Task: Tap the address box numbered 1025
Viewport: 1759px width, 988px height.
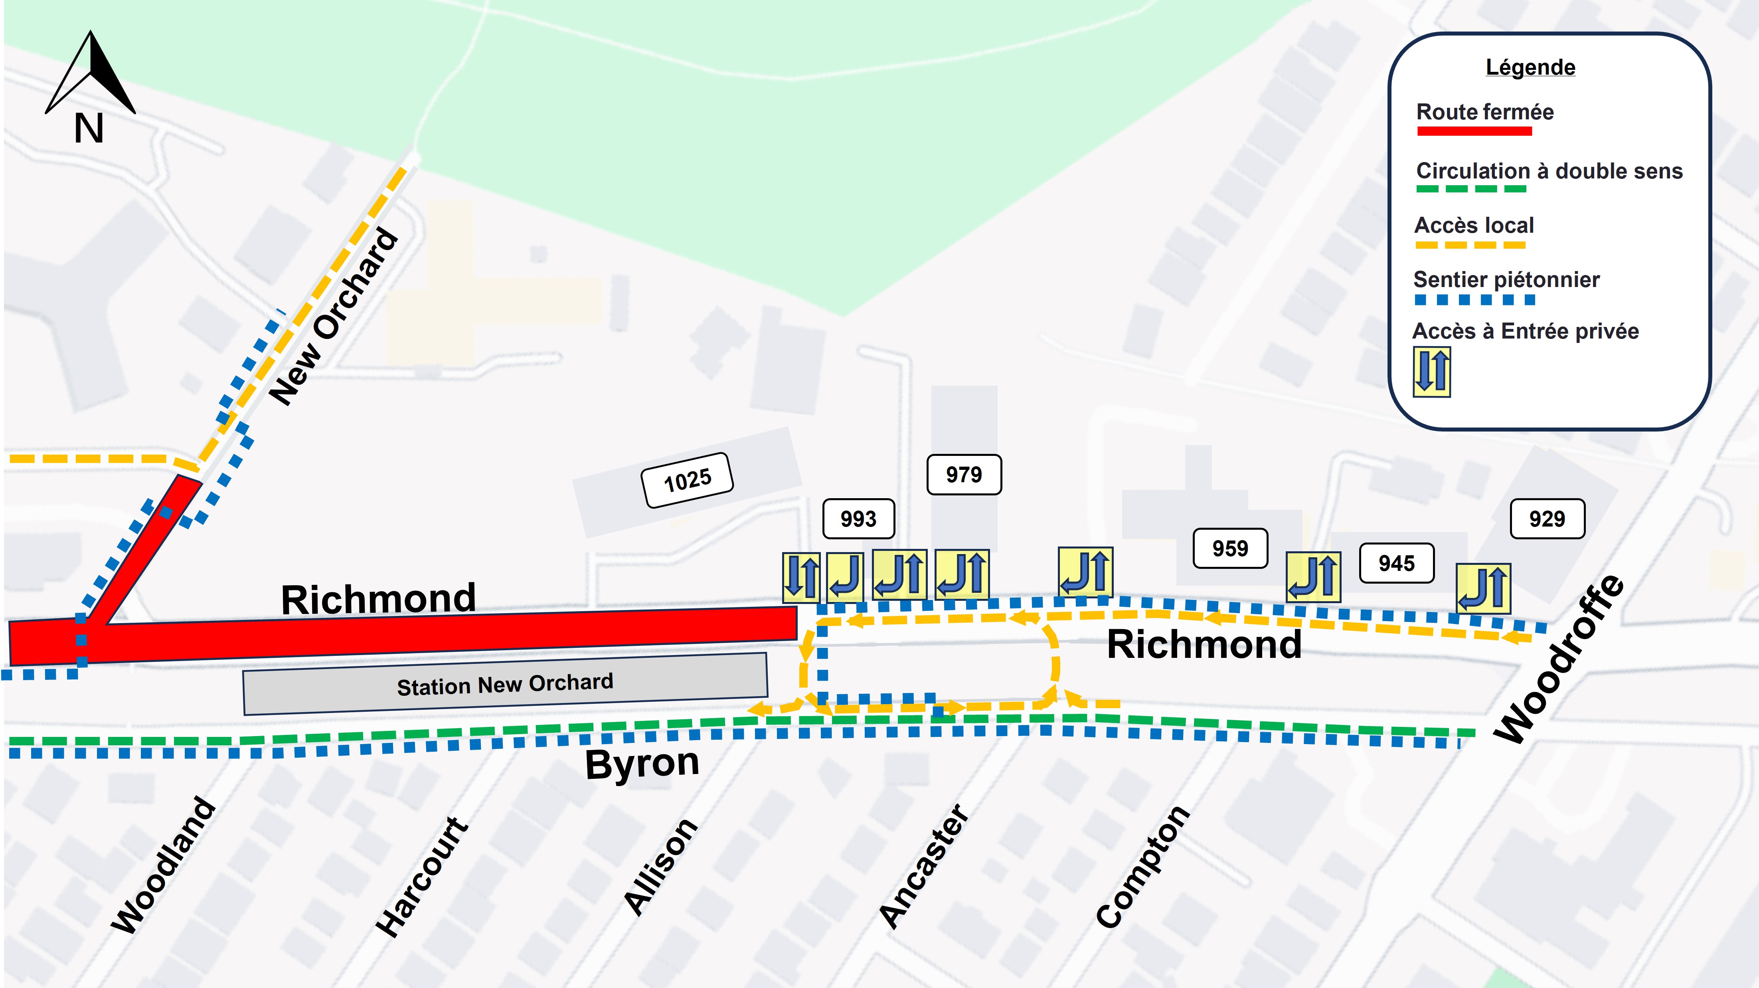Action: (687, 480)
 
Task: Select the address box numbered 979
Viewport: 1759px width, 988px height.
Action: (963, 474)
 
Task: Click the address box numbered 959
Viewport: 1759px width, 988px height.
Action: (1230, 548)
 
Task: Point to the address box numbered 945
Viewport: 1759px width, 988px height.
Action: (1396, 563)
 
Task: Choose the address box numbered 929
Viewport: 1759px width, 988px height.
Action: (1547, 519)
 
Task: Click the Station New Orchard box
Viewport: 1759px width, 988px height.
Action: (505, 684)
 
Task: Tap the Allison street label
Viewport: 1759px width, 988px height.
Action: (661, 866)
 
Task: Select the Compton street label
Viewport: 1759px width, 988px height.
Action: (1142, 866)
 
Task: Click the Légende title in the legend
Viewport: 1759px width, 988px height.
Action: (1530, 67)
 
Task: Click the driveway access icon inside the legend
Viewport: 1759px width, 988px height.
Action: (1431, 372)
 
